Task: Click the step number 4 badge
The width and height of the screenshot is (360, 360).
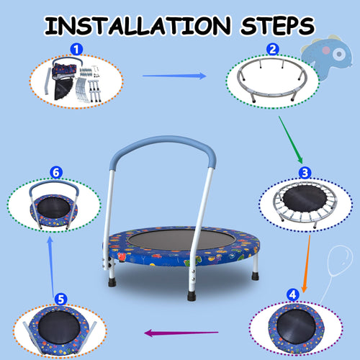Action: click(292, 294)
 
